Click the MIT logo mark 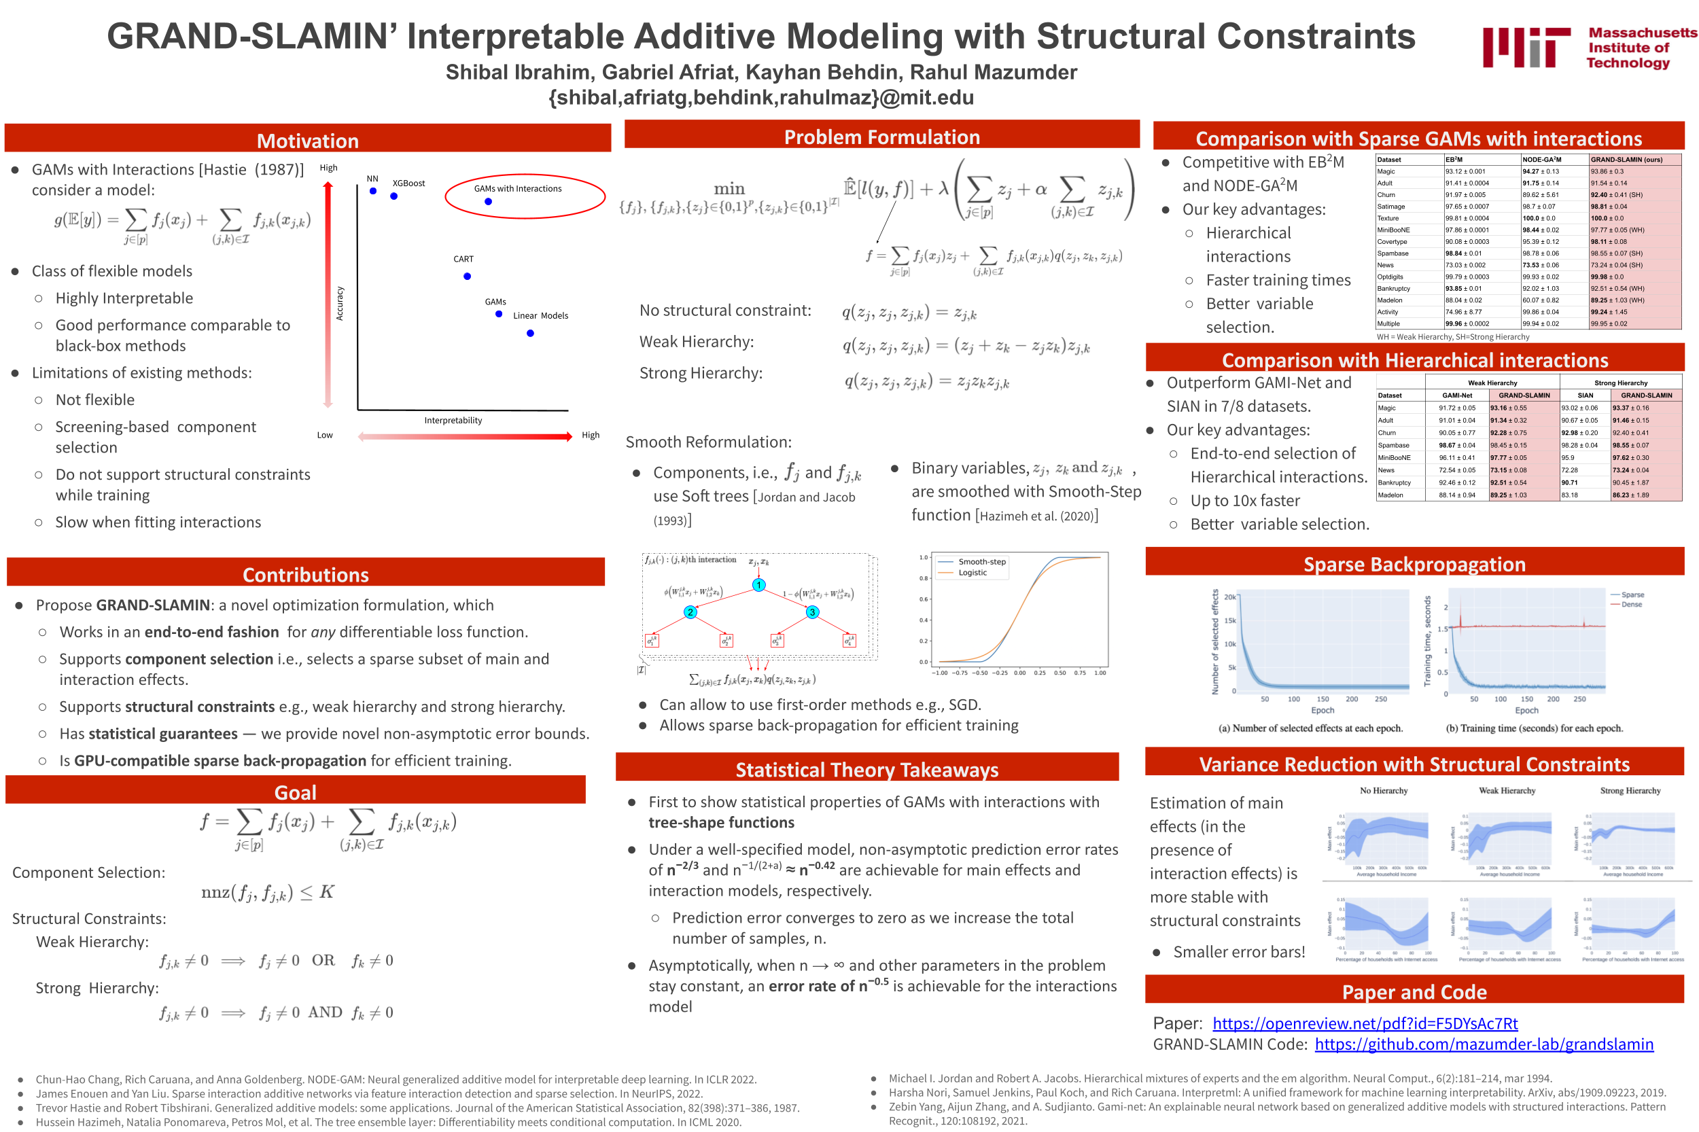(1525, 48)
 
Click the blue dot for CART (467, 277)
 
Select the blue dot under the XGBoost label (393, 196)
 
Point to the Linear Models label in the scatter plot (540, 315)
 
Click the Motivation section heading (308, 141)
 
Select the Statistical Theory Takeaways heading (866, 770)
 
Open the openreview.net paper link (1365, 1023)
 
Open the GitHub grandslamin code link (1483, 1044)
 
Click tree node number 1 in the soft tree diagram (759, 585)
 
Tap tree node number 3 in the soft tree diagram (812, 612)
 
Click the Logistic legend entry (972, 573)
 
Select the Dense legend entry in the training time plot (1631, 604)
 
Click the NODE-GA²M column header (1541, 160)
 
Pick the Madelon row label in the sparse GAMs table (1389, 300)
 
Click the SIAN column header (1585, 395)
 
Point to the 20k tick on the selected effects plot (1229, 597)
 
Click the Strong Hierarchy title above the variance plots (1630, 790)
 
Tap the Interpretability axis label (453, 420)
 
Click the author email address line (761, 97)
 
